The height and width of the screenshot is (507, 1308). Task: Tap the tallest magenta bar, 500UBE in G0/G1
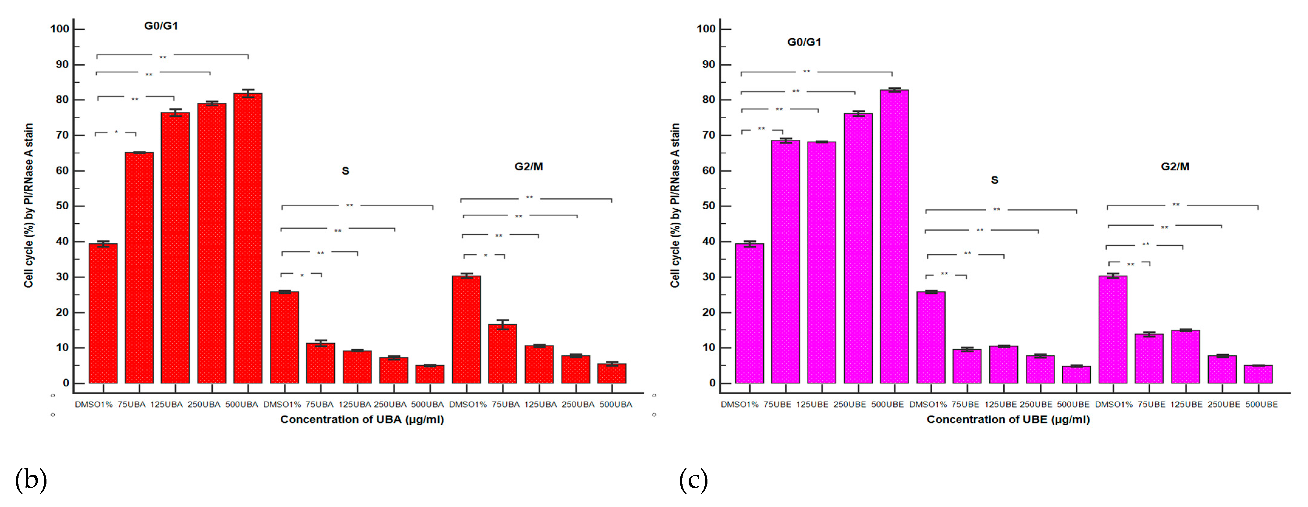[x=894, y=236]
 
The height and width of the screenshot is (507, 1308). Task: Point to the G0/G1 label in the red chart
[x=161, y=26]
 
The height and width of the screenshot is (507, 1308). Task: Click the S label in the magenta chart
[x=994, y=180]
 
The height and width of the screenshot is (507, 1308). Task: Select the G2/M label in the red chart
[x=529, y=167]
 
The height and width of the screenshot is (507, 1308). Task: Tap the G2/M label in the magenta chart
[x=1175, y=167]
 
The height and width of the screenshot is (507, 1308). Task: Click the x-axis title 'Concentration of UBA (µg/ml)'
[x=362, y=420]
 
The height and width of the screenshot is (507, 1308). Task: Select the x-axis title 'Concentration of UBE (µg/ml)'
[x=1008, y=420]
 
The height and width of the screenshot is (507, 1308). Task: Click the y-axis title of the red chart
[x=29, y=205]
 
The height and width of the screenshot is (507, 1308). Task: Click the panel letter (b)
[x=30, y=480]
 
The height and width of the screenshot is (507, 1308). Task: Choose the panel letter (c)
[x=693, y=480]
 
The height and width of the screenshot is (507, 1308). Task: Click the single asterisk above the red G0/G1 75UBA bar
[x=116, y=132]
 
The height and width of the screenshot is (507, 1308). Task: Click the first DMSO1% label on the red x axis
[x=94, y=404]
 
